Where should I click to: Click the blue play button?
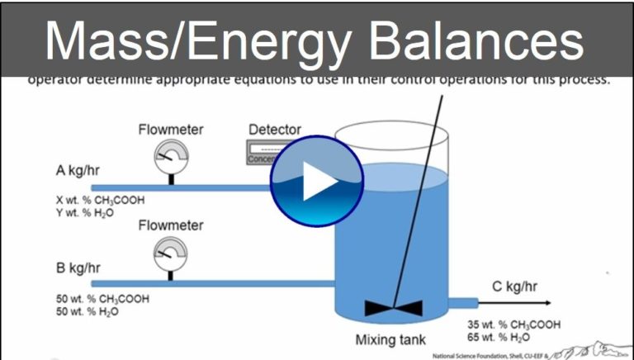pyautogui.click(x=317, y=185)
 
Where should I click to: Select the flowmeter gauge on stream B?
pyautogui.click(x=171, y=251)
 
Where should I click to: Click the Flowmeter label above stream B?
pyautogui.click(x=171, y=225)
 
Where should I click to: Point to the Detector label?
pyautogui.click(x=275, y=130)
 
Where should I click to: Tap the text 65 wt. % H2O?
pyautogui.click(x=493, y=338)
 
